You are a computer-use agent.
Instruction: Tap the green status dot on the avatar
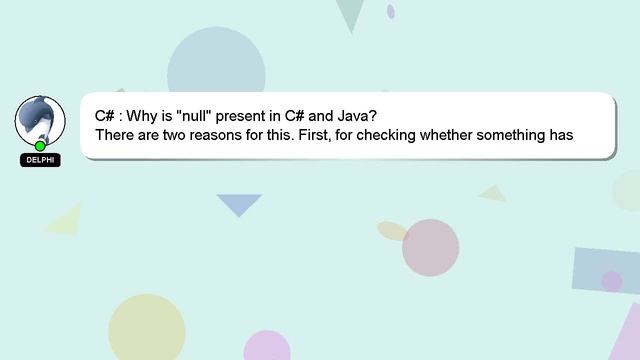click(40, 146)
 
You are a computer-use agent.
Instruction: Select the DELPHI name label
click(40, 160)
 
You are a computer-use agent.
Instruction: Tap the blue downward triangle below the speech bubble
click(239, 204)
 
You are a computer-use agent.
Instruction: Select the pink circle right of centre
click(430, 247)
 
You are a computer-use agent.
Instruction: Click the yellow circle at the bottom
click(147, 330)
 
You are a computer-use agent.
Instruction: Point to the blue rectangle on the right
click(606, 270)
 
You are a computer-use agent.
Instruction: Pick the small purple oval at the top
click(391, 11)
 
